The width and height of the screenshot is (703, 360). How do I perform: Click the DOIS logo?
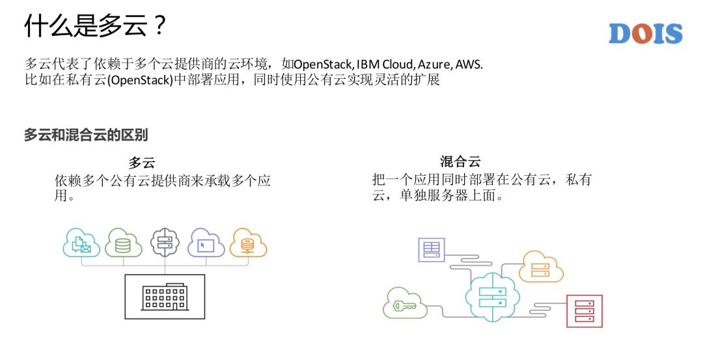(x=645, y=34)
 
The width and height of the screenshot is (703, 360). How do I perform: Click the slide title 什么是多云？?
(x=96, y=27)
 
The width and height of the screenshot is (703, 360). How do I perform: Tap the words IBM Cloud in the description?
(x=385, y=65)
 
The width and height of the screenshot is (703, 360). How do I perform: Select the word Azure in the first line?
(x=434, y=65)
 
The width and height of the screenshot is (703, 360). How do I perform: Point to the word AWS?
(x=469, y=65)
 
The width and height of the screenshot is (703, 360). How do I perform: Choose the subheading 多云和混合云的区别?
(x=86, y=135)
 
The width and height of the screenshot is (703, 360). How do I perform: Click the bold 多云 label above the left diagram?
(x=141, y=163)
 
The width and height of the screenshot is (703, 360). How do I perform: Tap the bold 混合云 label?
(x=460, y=162)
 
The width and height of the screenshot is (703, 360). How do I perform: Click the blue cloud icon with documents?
(x=81, y=243)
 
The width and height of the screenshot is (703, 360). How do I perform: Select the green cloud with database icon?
(x=123, y=243)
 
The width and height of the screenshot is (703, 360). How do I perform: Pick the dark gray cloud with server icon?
(x=165, y=243)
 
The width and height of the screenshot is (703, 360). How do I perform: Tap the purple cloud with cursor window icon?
(x=206, y=243)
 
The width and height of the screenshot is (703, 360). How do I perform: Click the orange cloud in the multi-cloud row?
(x=248, y=243)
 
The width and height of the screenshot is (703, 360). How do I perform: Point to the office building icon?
(x=164, y=296)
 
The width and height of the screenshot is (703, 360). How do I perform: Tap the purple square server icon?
(x=431, y=250)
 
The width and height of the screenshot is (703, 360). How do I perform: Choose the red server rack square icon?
(x=584, y=311)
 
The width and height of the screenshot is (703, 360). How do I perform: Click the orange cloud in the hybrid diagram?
(x=541, y=266)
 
